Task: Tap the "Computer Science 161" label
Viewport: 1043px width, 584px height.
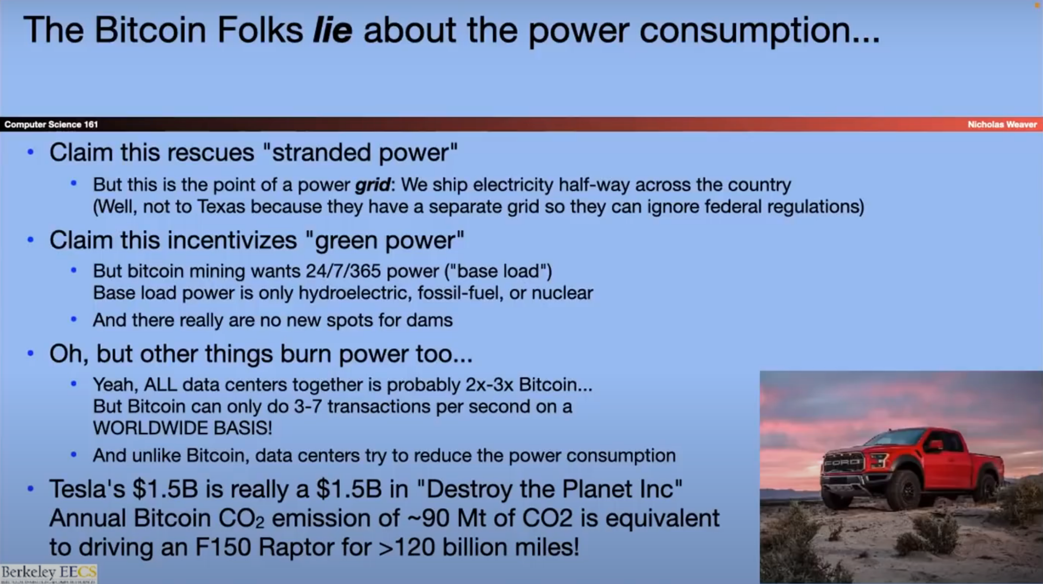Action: click(x=51, y=124)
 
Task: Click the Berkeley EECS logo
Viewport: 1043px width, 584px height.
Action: click(x=49, y=573)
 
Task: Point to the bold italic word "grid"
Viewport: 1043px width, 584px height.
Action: click(x=372, y=185)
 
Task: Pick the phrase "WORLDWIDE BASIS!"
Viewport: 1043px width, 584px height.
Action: click(x=183, y=428)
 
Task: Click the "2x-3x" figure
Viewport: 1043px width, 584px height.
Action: click(x=489, y=384)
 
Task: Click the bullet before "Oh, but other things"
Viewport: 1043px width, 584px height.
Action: click(x=30, y=353)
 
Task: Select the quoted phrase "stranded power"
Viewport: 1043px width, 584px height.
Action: click(x=360, y=153)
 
